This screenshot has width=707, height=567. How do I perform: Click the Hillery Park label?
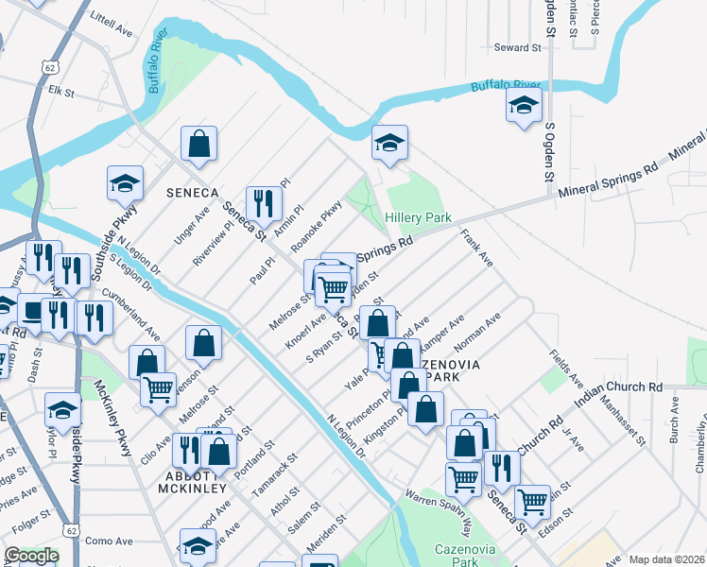pyautogui.click(x=419, y=217)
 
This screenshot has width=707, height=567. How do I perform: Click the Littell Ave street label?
pyautogui.click(x=112, y=24)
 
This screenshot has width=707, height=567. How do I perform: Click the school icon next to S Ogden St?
pyautogui.click(x=523, y=108)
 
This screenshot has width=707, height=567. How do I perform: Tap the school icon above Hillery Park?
pyautogui.click(x=389, y=143)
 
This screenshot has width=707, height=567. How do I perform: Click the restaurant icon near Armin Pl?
pyautogui.click(x=264, y=201)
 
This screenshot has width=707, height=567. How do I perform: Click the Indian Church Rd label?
pyautogui.click(x=618, y=387)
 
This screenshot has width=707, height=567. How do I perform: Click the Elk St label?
pyautogui.click(x=61, y=93)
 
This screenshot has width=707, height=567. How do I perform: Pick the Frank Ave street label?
pyautogui.click(x=476, y=248)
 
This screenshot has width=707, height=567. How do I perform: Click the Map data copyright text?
pyautogui.click(x=666, y=559)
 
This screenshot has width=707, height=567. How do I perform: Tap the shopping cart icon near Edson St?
pyautogui.click(x=533, y=501)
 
